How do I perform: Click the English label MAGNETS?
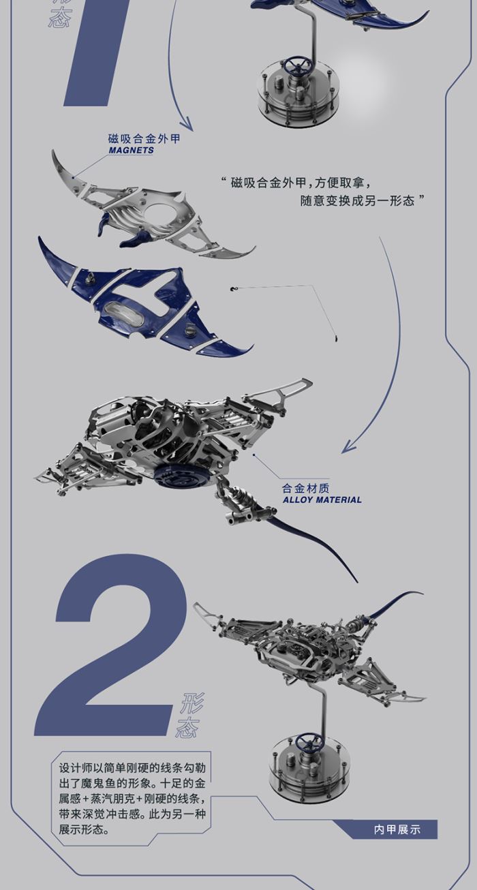coord(131,151)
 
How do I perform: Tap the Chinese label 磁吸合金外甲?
coord(144,139)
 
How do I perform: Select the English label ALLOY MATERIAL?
coord(322,500)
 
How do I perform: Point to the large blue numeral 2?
coord(112,647)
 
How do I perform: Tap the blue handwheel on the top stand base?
coord(298,67)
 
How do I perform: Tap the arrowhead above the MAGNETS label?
coord(187,126)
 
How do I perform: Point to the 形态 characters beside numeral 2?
coord(189,716)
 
